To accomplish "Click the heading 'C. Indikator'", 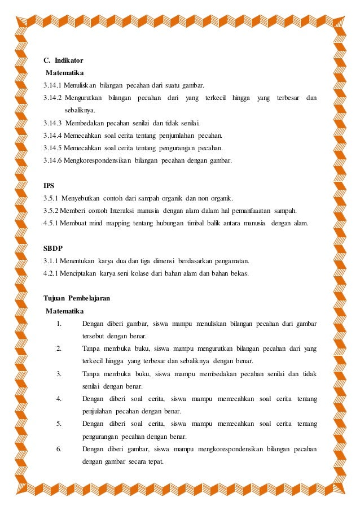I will click(x=64, y=60).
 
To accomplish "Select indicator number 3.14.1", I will click(x=52, y=85).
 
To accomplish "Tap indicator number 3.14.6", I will click(x=52, y=160).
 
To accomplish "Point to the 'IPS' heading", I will click(x=50, y=185).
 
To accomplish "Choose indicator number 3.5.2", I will click(x=52, y=211).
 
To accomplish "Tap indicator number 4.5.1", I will click(x=52, y=223).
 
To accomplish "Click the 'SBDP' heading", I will click(x=54, y=248).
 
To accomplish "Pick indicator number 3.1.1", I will click(x=52, y=261).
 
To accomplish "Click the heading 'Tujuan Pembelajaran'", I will click(x=77, y=298).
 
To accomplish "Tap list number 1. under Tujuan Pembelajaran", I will click(x=59, y=324).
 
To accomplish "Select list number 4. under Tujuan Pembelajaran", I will click(x=59, y=399).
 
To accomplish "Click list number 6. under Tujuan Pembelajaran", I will click(x=59, y=449).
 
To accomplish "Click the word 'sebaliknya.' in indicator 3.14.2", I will click(x=80, y=110).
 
